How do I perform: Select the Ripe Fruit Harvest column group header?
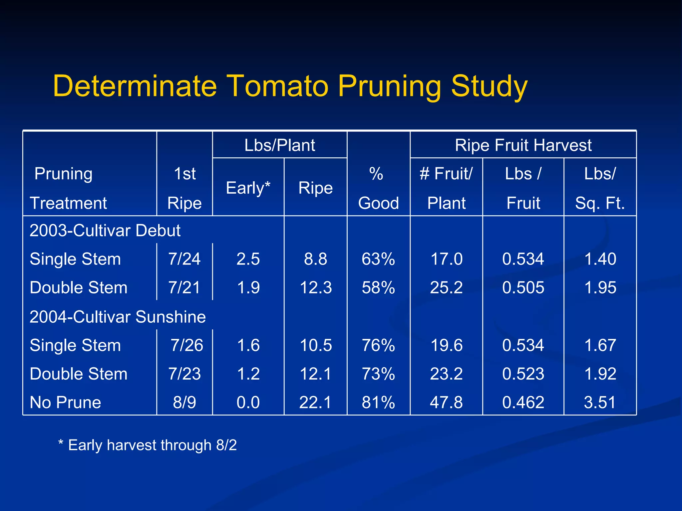[523, 145]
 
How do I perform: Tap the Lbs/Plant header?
[280, 145]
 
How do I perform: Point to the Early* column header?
[248, 188]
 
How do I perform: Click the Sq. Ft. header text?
[600, 203]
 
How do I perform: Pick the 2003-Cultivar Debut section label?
[105, 231]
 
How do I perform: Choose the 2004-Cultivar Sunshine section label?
[118, 317]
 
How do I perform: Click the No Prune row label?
[65, 402]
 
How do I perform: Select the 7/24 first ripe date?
[184, 259]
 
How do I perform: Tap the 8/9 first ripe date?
[184, 402]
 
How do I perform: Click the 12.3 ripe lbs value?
[316, 287]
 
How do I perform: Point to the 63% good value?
[378, 259]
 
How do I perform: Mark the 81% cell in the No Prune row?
[378, 402]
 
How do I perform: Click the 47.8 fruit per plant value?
[446, 402]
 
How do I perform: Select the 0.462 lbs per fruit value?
[523, 402]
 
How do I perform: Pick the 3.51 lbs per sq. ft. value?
[600, 402]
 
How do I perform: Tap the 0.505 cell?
[523, 287]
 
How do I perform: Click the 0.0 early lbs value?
[248, 402]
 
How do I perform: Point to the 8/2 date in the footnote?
[226, 445]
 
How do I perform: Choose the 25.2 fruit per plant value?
[446, 287]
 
